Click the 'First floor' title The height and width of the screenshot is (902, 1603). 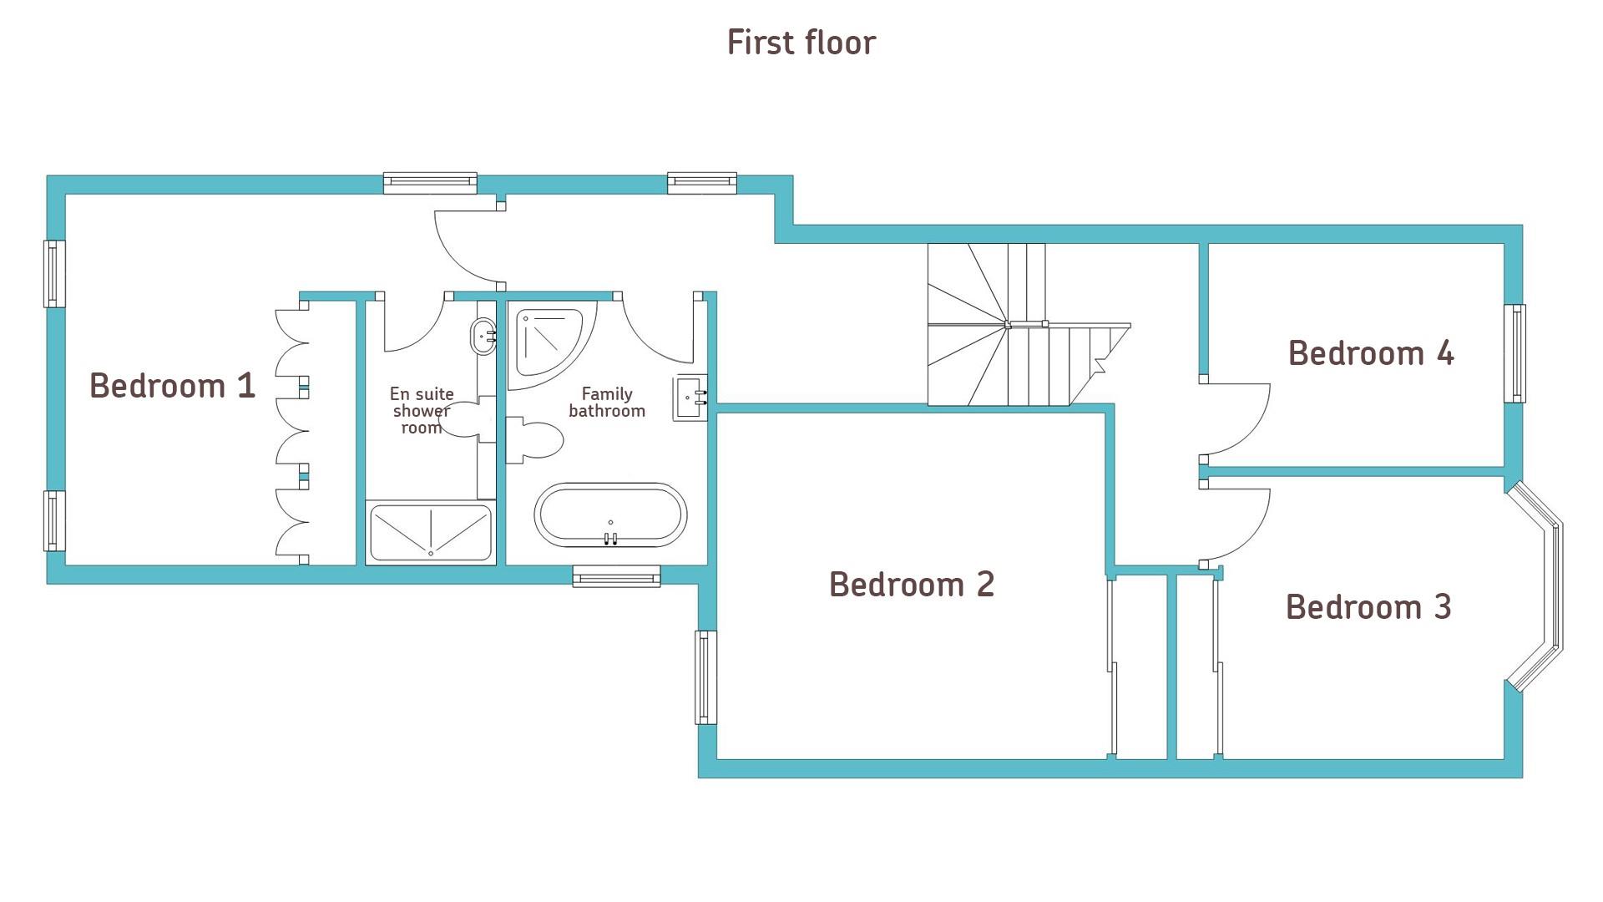(801, 43)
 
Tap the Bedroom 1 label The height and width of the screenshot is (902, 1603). (172, 386)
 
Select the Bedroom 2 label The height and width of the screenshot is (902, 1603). (912, 585)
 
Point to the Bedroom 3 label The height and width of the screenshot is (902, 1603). (1368, 607)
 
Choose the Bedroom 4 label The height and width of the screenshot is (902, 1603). (1371, 353)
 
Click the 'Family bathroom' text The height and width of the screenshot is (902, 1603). (607, 402)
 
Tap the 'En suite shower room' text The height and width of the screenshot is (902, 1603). (422, 410)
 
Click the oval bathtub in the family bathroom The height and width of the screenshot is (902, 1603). (610, 514)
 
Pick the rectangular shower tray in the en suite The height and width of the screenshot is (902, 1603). (430, 533)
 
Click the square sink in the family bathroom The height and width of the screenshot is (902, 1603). (691, 398)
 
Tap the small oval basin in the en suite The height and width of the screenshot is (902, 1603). (484, 336)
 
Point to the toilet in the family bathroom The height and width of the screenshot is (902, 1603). (534, 440)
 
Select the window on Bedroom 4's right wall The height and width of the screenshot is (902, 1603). (1515, 353)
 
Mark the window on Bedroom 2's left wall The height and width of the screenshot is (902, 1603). (706, 677)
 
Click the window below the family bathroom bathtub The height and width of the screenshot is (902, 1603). (616, 576)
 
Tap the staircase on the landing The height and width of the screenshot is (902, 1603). (1028, 325)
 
